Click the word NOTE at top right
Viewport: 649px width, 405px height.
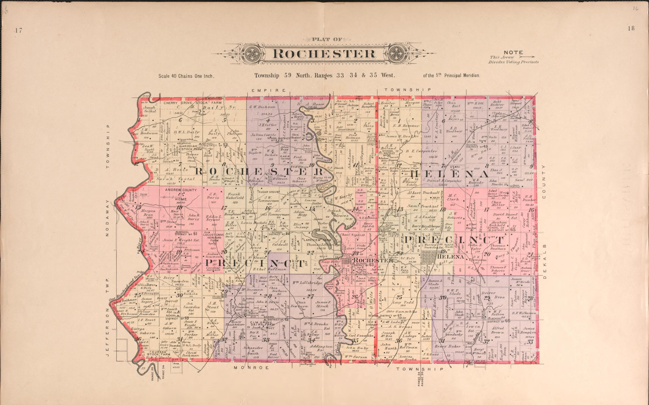(513, 53)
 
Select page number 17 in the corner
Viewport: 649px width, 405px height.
(18, 31)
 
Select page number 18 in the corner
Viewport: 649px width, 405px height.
(631, 28)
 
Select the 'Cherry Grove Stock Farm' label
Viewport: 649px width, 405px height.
(192, 103)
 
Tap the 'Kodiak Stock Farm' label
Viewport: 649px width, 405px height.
(192, 147)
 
